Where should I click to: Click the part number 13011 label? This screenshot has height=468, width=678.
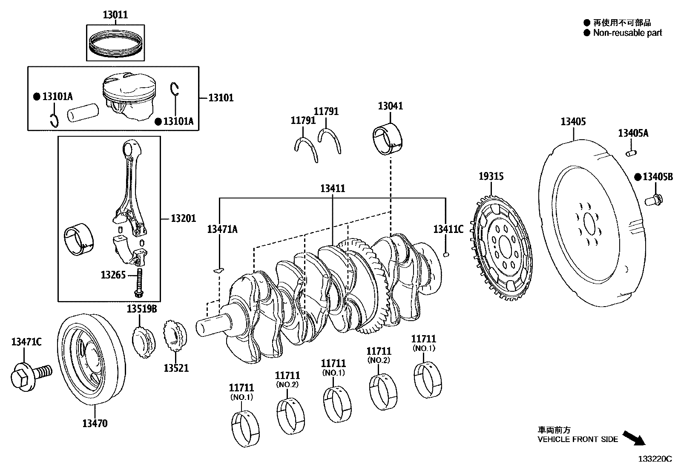[x=115, y=15]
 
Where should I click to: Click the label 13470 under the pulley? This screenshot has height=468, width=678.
[x=95, y=423]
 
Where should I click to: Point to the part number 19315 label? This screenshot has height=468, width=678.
[x=491, y=176]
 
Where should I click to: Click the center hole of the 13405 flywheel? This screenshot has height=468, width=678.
[x=589, y=223]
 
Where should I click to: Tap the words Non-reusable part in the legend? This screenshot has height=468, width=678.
[x=627, y=33]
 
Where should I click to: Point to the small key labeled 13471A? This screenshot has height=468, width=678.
[x=218, y=270]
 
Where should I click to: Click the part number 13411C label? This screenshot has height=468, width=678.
[x=448, y=230]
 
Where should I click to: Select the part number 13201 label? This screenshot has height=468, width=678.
[x=183, y=218]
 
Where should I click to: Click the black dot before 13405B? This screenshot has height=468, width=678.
[x=638, y=177]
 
